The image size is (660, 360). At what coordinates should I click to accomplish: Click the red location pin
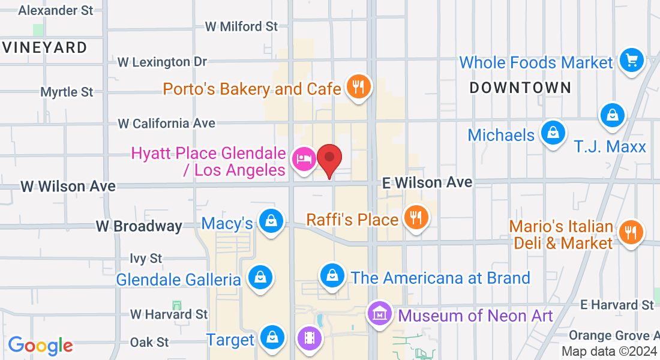click(x=329, y=159)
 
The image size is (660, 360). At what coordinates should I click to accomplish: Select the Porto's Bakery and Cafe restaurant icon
click(x=358, y=88)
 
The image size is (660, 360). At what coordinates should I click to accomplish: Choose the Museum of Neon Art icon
click(x=380, y=313)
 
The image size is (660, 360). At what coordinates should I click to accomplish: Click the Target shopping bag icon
click(x=272, y=337)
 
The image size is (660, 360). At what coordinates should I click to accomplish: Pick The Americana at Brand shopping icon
click(x=331, y=276)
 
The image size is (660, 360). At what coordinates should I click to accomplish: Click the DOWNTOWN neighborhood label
click(x=520, y=88)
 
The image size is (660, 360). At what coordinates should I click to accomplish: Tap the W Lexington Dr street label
click(x=162, y=62)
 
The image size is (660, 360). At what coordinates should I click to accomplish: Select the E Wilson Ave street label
click(x=428, y=182)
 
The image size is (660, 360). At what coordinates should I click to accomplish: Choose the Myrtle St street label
click(x=67, y=92)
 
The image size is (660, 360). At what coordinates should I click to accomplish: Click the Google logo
click(x=40, y=345)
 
